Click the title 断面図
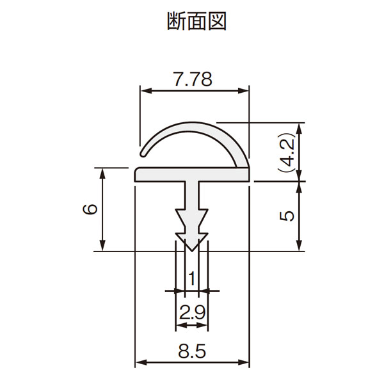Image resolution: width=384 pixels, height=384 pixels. (x=196, y=22)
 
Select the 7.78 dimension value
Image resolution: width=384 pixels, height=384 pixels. (x=193, y=79)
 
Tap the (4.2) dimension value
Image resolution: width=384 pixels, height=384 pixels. (x=286, y=152)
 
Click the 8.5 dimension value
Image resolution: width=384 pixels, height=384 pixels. (x=192, y=351)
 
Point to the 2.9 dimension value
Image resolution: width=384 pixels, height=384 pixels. (x=192, y=312)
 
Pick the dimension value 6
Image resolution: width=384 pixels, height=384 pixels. (x=90, y=209)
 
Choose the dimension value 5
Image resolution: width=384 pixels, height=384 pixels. (x=287, y=216)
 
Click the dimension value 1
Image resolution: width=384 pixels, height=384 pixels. (x=192, y=278)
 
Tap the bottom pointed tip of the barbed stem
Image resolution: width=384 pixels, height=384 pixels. (x=192, y=251)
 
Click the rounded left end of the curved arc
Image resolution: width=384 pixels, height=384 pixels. (x=142, y=154)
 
